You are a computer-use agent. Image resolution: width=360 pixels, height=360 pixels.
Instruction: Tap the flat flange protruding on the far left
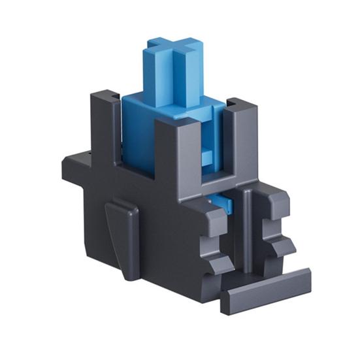click(x=75, y=160)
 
